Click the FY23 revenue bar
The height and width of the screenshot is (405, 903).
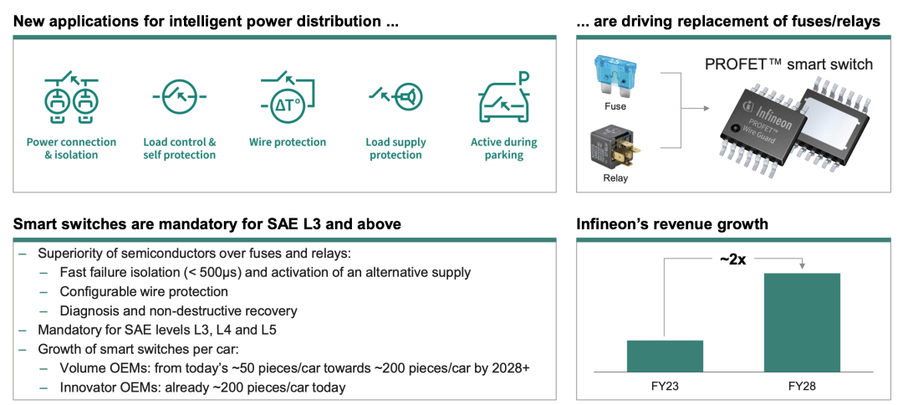coord(665,356)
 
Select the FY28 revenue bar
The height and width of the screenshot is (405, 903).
coord(802,323)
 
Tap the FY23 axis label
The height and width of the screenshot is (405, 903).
coord(665,386)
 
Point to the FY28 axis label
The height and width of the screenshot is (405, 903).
coord(802,386)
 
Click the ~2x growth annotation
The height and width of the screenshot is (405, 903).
coord(732,259)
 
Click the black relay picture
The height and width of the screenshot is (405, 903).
coord(615,148)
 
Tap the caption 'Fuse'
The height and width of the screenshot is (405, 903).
coord(615,106)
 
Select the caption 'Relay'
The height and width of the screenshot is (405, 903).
coord(615,178)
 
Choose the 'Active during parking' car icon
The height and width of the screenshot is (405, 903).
coord(504,98)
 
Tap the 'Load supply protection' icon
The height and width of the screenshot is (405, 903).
coord(395,96)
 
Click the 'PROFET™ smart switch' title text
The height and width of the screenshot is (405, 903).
coord(788,64)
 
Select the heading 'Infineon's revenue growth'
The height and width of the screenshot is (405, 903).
coord(672,223)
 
